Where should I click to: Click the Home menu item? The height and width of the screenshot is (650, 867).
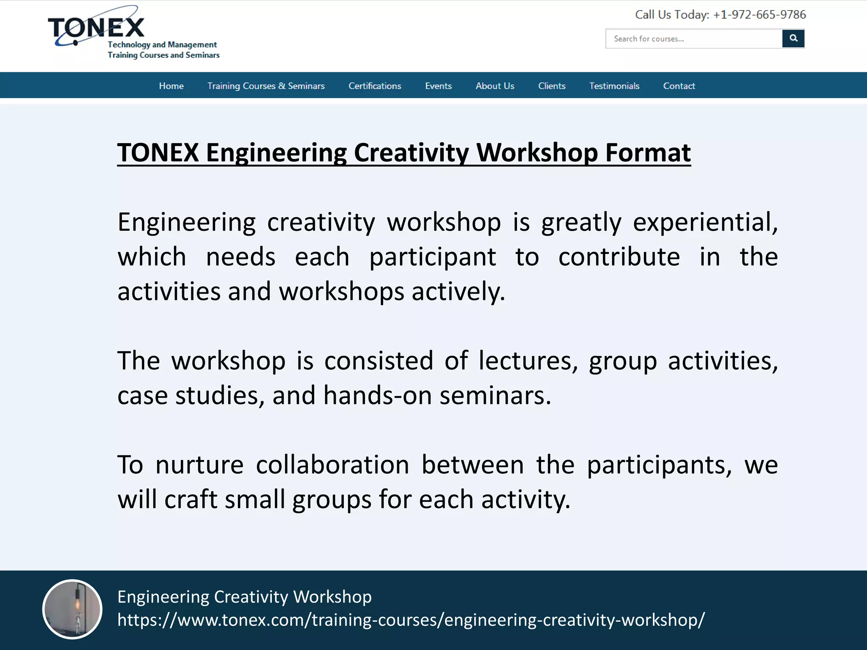click(x=171, y=86)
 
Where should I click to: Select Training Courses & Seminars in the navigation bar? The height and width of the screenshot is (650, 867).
click(x=266, y=86)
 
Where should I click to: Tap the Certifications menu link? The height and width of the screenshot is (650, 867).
click(x=375, y=86)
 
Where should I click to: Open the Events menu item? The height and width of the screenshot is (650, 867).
click(x=438, y=86)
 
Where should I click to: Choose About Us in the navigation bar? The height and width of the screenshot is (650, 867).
click(x=494, y=86)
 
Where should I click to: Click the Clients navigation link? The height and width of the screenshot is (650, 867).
click(x=552, y=86)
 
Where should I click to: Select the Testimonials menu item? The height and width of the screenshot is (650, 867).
click(x=614, y=86)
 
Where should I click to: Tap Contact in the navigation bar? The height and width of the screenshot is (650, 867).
click(x=679, y=86)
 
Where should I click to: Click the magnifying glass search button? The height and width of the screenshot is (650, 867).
click(x=793, y=39)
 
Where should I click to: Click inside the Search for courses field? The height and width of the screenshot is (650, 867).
click(x=693, y=39)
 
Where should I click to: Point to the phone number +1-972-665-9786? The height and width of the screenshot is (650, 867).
click(x=759, y=15)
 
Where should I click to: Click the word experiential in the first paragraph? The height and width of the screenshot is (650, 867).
click(x=705, y=223)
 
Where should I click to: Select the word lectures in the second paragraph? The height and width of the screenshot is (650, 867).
click(x=527, y=361)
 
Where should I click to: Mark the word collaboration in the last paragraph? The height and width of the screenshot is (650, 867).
click(x=332, y=465)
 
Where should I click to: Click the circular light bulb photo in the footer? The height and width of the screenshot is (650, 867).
click(x=72, y=609)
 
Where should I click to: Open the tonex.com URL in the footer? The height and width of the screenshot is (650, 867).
click(x=411, y=620)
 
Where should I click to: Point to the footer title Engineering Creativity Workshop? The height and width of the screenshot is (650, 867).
click(x=244, y=597)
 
